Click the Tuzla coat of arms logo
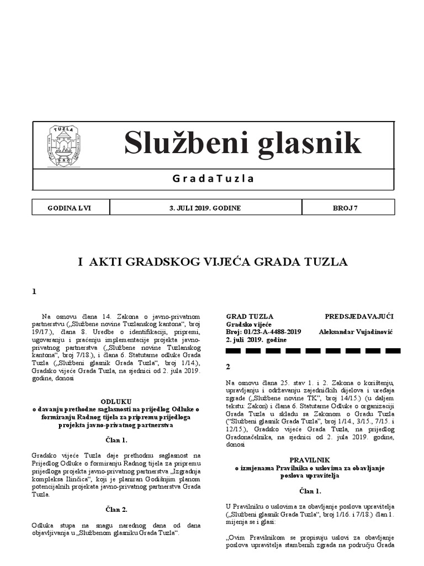(x=64, y=145)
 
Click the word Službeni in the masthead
(x=177, y=143)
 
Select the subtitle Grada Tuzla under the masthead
(x=213, y=179)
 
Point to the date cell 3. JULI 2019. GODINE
(x=205, y=208)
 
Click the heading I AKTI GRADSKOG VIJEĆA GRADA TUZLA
(x=213, y=262)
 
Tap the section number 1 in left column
(x=34, y=292)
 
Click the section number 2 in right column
(x=229, y=366)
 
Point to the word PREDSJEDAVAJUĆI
(x=359, y=316)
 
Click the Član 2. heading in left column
(x=116, y=509)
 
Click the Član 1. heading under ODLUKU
(x=116, y=440)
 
